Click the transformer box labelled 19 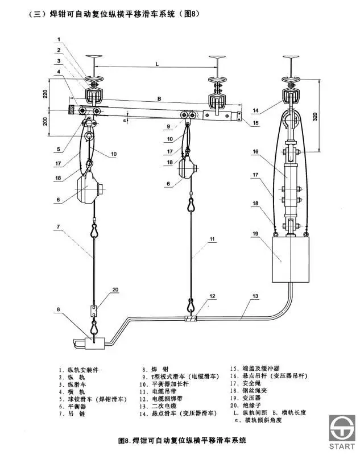click(291, 260)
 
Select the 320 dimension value click(315, 116)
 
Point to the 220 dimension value click(45, 94)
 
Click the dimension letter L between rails click(157, 64)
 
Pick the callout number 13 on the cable click(255, 296)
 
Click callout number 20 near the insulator click(115, 289)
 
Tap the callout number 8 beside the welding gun click(59, 309)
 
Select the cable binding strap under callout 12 click(191, 318)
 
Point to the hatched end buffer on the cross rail click(71, 110)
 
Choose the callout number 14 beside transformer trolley click(255, 110)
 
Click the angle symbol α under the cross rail click(125, 120)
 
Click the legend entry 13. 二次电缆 click(158, 406)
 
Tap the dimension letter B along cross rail click(159, 99)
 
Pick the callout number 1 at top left click(59, 39)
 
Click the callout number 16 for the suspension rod click(255, 151)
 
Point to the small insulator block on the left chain click(94, 311)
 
